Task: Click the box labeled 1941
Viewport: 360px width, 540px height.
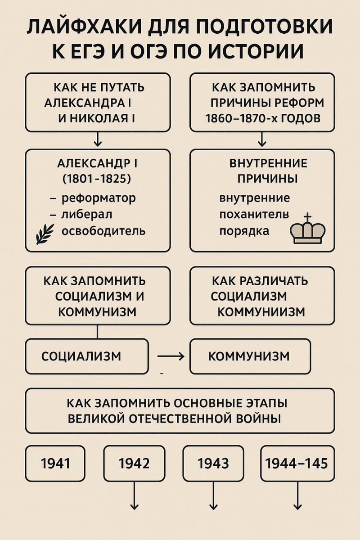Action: pyautogui.click(x=56, y=463)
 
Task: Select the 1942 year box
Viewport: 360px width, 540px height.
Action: pyautogui.click(x=134, y=463)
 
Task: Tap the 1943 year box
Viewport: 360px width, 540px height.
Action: pyautogui.click(x=213, y=463)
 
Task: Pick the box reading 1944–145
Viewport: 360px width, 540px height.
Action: pyautogui.click(x=297, y=463)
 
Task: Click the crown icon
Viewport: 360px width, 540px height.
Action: pyautogui.click(x=308, y=229)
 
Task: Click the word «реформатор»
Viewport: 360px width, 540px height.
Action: pyautogui.click(x=98, y=198)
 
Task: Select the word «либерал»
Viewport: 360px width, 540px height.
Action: pyautogui.click(x=87, y=215)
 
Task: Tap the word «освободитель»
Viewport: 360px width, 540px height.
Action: pyautogui.click(x=103, y=231)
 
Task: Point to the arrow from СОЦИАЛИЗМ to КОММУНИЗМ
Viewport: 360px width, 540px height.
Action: pyautogui.click(x=171, y=356)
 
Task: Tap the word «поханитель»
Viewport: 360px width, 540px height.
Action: pyautogui.click(x=254, y=214)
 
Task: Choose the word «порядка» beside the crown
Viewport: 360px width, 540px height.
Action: pyautogui.click(x=244, y=231)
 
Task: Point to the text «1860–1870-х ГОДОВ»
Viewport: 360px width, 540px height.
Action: pyautogui.click(x=262, y=119)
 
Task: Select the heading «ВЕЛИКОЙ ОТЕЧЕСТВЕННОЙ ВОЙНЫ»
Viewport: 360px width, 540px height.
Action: pyautogui.click(x=175, y=418)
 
